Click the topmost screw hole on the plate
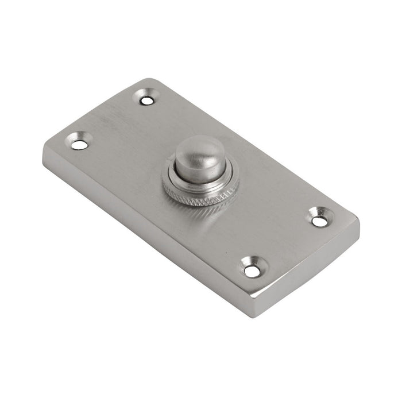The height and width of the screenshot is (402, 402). (148, 100)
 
